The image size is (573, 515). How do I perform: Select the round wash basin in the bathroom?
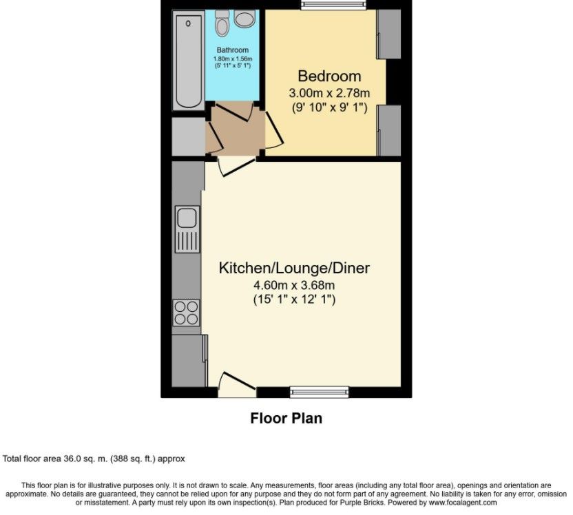point(244,19)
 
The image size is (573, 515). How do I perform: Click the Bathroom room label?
point(232,50)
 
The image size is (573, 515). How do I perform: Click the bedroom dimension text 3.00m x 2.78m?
point(329,92)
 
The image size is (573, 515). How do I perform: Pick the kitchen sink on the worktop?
point(187,219)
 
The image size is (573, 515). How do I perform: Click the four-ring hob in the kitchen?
point(186,313)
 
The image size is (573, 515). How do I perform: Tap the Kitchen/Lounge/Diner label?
point(299,268)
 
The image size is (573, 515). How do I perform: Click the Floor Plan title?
point(286,418)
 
